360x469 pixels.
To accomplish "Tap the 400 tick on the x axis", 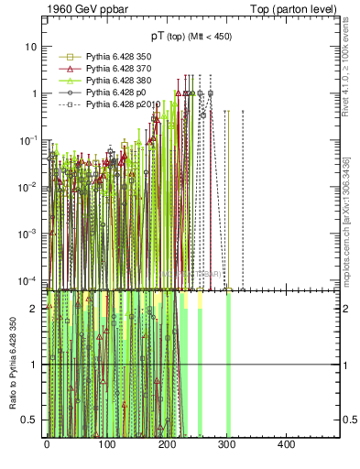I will (285, 444).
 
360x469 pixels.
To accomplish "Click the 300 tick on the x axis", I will (225, 444).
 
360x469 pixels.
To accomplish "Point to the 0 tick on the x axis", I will (47, 444).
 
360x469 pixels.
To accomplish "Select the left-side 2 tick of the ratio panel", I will (36, 309).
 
